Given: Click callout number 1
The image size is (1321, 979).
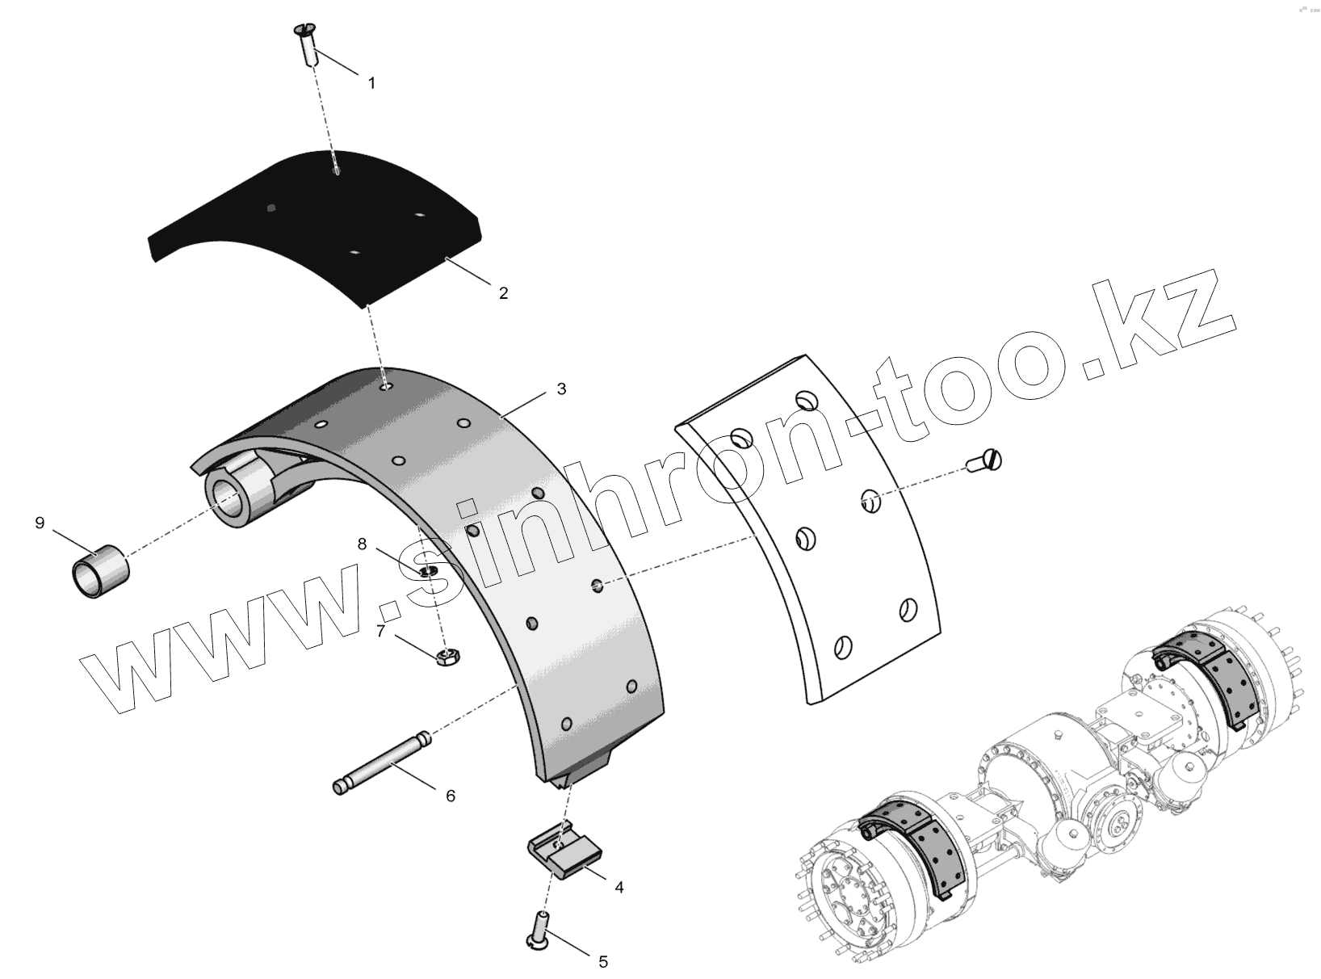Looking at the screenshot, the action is (x=371, y=83).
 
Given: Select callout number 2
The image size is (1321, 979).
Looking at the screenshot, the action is (x=503, y=293).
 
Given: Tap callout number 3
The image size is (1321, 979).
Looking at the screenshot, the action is (x=561, y=389).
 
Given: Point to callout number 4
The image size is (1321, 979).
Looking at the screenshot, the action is (x=619, y=887).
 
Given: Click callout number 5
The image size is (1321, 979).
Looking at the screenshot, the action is (x=602, y=961).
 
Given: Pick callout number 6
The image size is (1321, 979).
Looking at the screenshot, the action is (x=451, y=796).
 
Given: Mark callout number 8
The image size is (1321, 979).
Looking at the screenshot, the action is (x=363, y=544).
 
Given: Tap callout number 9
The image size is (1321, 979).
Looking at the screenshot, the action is (x=40, y=523).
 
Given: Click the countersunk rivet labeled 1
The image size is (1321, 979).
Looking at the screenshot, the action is (x=306, y=47).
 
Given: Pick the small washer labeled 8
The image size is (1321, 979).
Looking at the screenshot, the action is (x=428, y=572).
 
